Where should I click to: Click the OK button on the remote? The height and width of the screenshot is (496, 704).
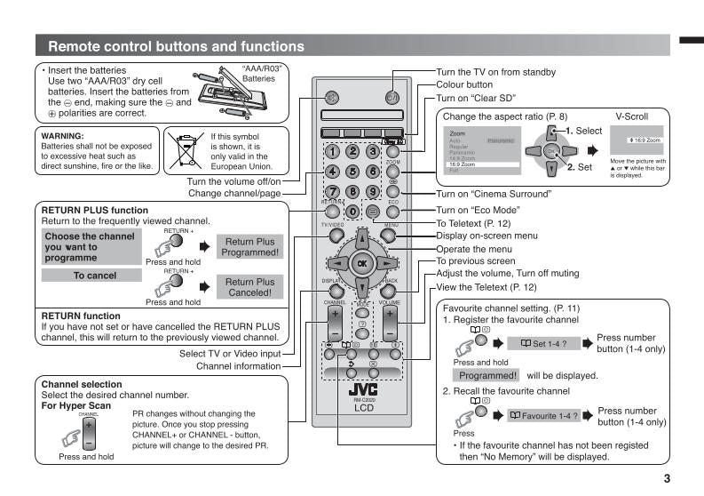coord(361,264)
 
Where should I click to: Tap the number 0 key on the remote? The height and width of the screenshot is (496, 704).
coord(352,212)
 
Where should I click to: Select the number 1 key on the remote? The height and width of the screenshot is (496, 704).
coord(333,152)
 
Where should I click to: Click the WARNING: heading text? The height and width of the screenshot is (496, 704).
coord(64,135)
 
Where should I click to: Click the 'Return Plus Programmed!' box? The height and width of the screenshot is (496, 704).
coord(249,246)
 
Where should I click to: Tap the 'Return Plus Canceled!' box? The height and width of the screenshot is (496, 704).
coord(249,287)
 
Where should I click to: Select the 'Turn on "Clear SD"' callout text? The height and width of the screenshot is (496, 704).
coord(476,98)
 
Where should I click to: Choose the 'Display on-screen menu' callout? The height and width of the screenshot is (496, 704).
coord(487,236)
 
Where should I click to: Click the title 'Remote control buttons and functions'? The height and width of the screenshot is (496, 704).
coord(175,46)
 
